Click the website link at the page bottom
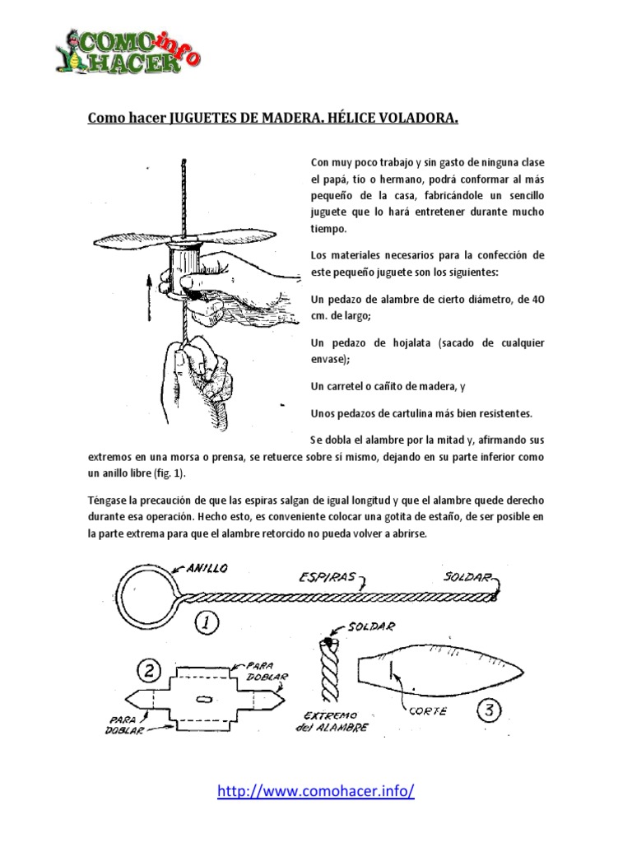315,792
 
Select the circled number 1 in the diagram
207,623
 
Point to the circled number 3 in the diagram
489,710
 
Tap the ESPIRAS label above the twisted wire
328,578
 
